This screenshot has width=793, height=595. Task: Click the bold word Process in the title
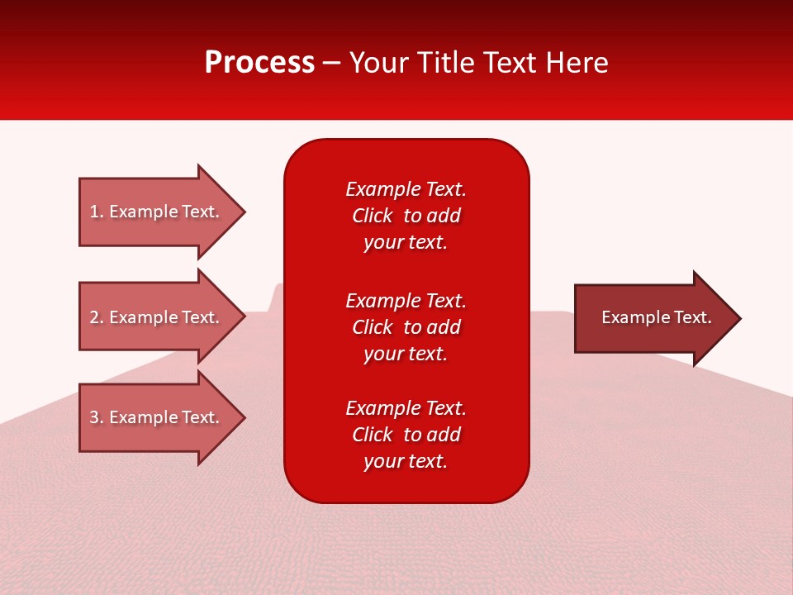[259, 63]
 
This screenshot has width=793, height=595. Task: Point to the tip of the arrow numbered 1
[244, 212]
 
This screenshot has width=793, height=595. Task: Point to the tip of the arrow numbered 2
[244, 317]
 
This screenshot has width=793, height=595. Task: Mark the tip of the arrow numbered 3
[244, 417]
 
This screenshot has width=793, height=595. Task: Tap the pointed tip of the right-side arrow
[739, 317]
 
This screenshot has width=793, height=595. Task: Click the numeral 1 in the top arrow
[94, 212]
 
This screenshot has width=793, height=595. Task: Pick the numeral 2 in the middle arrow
[94, 317]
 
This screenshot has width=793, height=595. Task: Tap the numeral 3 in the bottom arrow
[94, 417]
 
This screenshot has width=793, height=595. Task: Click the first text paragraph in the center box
[406, 216]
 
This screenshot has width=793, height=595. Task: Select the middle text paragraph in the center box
[406, 327]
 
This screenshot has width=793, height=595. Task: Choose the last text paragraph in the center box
[406, 435]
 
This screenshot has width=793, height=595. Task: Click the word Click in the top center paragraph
[372, 216]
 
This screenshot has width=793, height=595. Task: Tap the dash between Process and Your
[332, 64]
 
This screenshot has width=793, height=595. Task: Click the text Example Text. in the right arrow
[657, 317]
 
